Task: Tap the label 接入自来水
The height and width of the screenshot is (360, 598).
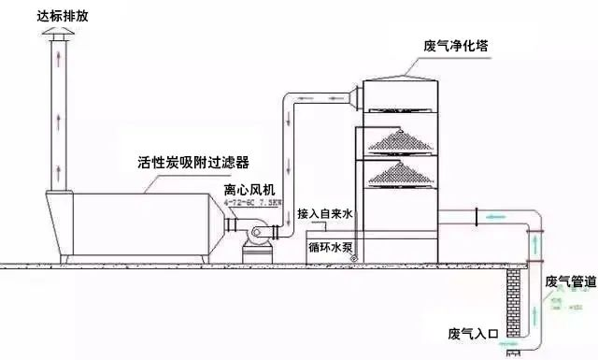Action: (324, 213)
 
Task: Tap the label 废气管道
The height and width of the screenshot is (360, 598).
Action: (568, 281)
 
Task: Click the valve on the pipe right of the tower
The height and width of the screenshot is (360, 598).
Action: (477, 219)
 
